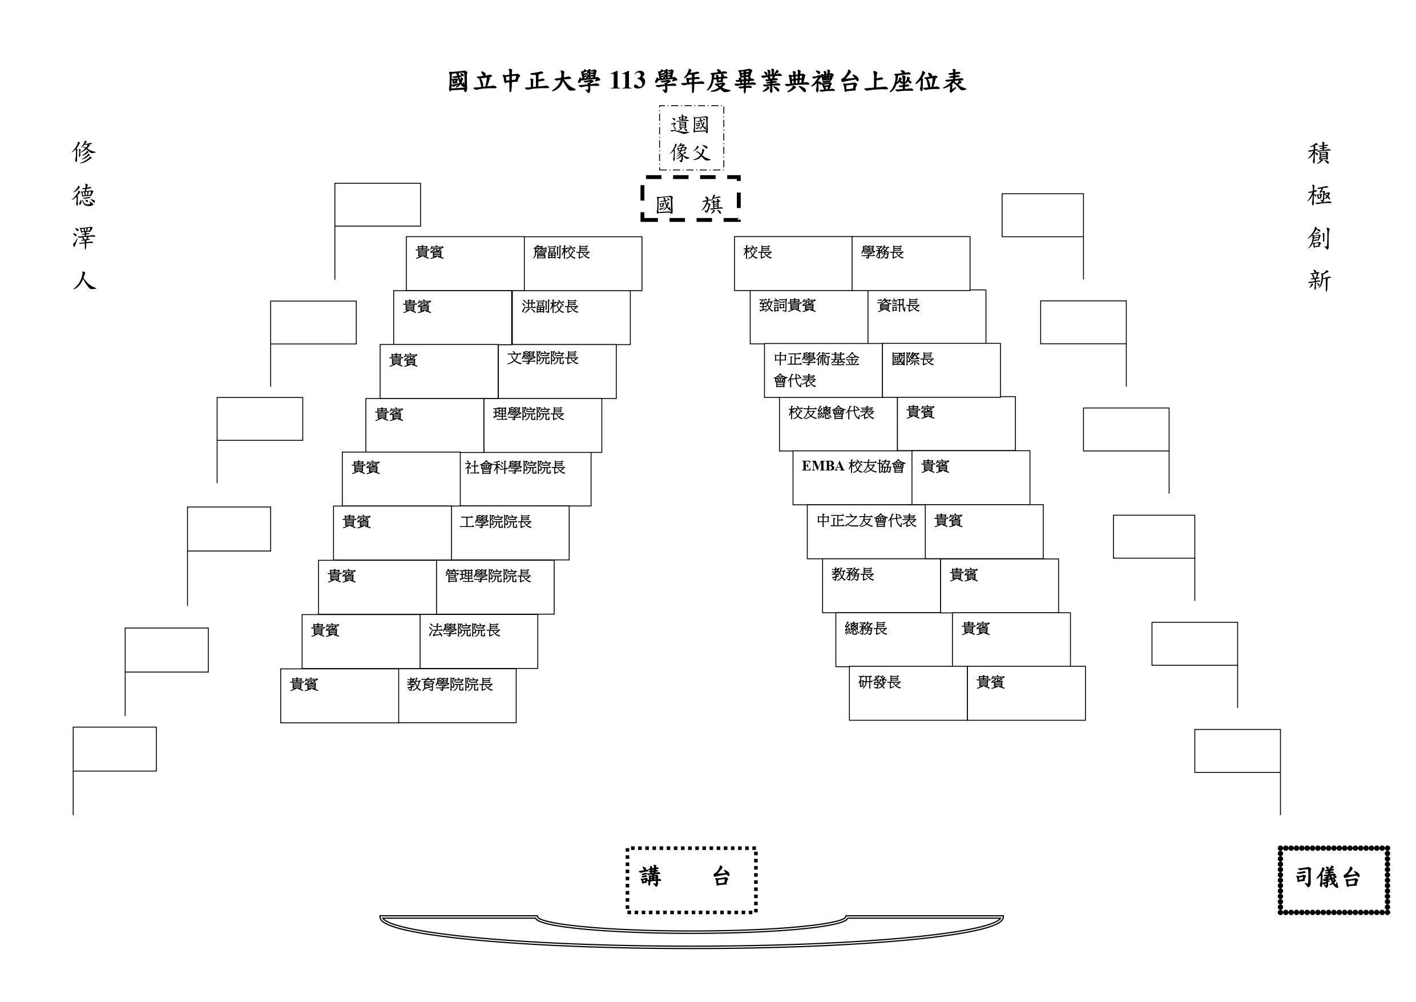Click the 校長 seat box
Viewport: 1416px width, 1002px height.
[793, 263]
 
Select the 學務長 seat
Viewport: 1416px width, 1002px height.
[910, 263]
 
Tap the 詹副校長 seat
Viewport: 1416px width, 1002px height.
[583, 263]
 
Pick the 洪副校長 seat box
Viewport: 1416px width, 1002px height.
[571, 317]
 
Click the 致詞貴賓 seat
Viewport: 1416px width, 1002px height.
[809, 316]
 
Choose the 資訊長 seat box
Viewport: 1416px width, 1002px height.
[926, 316]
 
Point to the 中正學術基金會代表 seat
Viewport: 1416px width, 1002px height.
[824, 370]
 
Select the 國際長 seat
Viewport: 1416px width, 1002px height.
[941, 370]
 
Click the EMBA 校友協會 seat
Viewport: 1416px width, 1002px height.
[852, 477]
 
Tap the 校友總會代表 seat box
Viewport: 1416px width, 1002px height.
[838, 424]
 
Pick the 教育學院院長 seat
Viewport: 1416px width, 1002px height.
[457, 695]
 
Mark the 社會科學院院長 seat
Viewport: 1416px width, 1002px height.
[526, 479]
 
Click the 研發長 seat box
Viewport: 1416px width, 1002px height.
[908, 693]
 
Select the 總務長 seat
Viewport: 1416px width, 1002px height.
[894, 639]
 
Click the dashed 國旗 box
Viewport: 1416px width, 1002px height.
[690, 199]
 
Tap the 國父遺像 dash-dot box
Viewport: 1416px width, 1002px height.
[691, 138]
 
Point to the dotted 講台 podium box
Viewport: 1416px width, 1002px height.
[691, 879]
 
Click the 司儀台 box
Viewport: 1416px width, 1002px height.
[1333, 879]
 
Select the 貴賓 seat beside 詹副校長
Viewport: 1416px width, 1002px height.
[465, 263]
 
